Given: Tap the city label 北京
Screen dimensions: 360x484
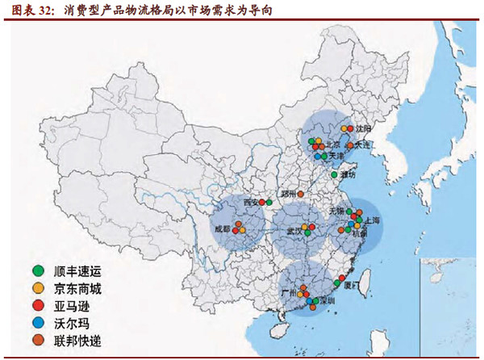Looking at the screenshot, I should coord(331,145).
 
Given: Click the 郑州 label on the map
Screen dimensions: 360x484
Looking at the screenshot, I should coord(289,195).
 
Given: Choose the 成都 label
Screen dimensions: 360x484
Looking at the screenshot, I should coord(220,229).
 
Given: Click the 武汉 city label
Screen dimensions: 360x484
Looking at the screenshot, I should coord(294,230).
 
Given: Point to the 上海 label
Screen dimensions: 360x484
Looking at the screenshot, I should coord(372,220).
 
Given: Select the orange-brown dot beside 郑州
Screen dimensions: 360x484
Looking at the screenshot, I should coord(302,195).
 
